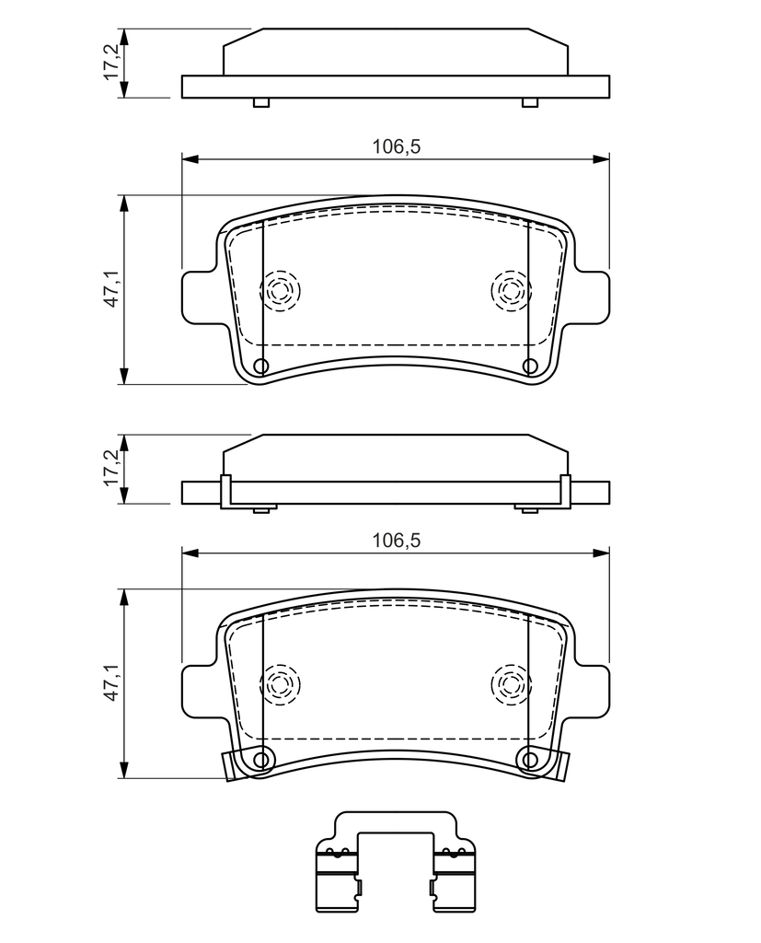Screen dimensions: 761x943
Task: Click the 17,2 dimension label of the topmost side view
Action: click(x=112, y=62)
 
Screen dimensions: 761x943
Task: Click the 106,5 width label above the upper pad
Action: click(x=396, y=146)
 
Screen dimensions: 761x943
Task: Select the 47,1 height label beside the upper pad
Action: click(x=112, y=288)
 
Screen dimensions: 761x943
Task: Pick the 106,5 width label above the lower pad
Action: click(x=396, y=540)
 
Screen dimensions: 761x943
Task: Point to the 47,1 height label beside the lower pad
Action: click(x=112, y=683)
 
